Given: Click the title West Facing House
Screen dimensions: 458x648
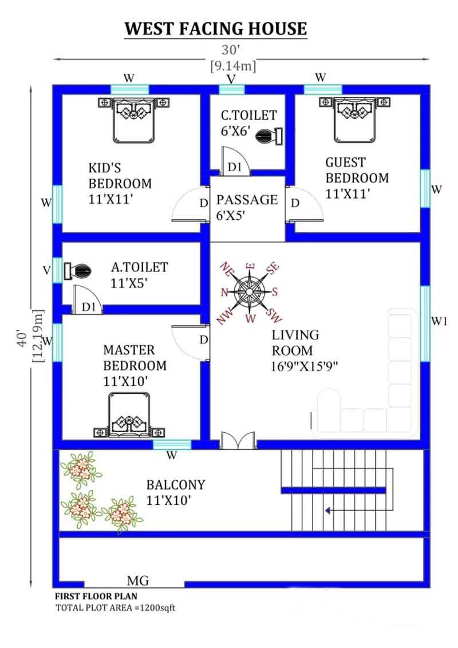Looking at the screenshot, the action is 216,29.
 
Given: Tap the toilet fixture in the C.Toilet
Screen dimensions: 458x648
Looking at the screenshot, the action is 269,136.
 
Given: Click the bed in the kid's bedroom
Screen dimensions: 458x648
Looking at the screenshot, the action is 133,120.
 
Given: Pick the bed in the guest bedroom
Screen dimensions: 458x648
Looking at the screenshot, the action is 355,120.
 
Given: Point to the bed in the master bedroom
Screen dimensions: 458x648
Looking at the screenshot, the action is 129,414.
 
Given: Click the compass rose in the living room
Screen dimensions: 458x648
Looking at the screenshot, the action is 250,292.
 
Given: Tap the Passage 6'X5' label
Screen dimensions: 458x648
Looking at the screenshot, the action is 247,207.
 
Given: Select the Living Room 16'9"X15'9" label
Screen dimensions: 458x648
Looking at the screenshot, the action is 304,350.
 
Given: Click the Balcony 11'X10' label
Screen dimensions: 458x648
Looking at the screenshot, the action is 176,492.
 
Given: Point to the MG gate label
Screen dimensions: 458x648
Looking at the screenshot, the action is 138,580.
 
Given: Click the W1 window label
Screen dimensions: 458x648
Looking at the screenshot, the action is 439,321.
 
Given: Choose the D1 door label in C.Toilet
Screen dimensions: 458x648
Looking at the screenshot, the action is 235,167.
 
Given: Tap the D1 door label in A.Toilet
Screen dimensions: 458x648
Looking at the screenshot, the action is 89,307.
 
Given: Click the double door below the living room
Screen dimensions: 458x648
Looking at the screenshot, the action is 238,440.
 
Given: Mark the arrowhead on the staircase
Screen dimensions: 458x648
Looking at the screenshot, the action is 328,511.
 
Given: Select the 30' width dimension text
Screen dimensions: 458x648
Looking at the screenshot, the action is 231,50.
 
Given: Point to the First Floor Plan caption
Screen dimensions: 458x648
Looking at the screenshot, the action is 96,596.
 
